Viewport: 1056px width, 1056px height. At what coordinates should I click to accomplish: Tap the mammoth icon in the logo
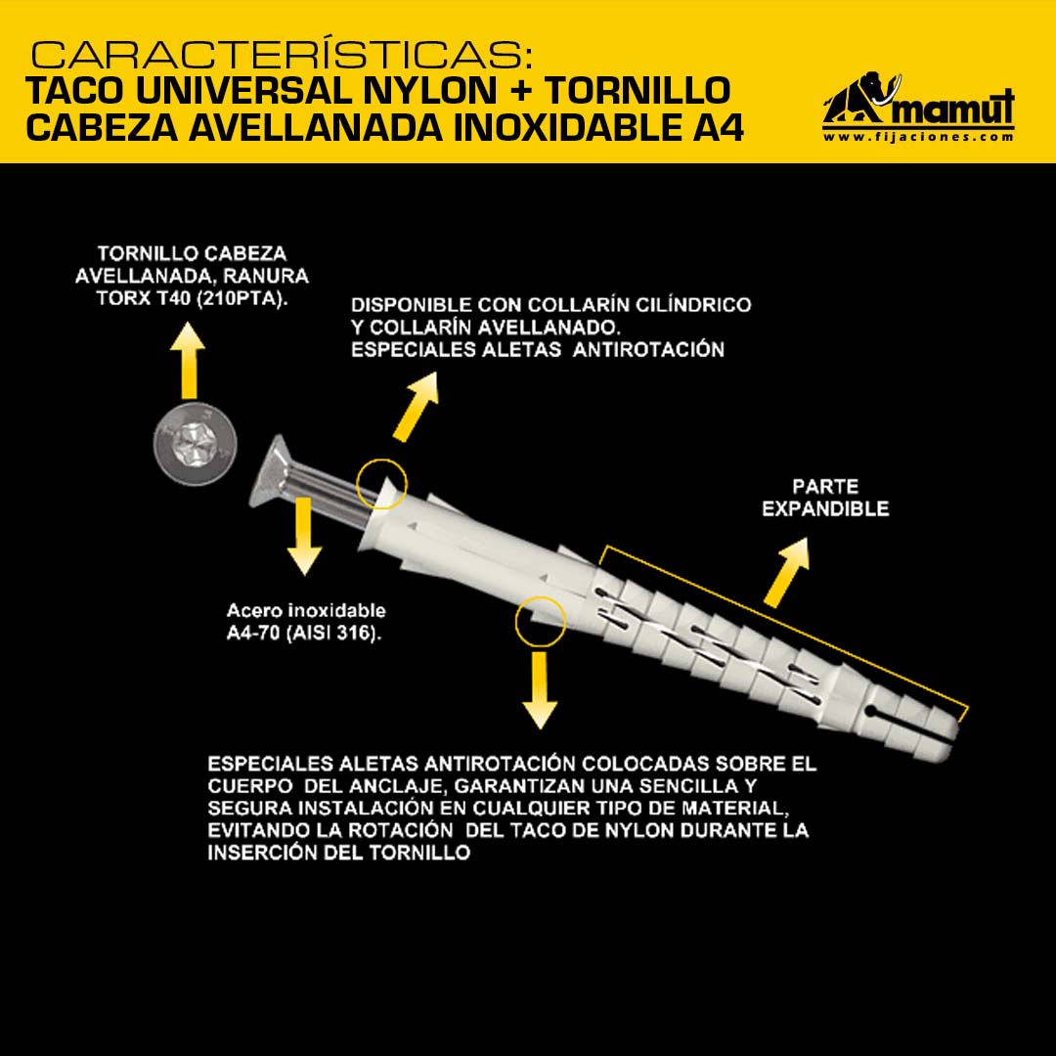click(x=861, y=99)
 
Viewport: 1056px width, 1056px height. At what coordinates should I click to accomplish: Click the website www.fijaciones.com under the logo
click(x=918, y=137)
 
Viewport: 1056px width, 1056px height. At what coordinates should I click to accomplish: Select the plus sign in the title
click(x=520, y=90)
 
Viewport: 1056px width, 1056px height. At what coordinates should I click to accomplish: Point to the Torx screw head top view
click(x=195, y=443)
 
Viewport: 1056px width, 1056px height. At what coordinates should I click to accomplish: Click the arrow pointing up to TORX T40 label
click(x=188, y=360)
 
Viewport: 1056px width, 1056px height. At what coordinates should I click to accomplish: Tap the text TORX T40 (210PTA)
click(x=192, y=297)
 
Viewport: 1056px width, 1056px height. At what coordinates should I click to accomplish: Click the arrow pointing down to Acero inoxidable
click(x=304, y=536)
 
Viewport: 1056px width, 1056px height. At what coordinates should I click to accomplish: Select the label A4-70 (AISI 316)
click(x=304, y=633)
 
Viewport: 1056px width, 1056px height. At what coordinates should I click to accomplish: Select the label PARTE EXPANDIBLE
click(x=825, y=497)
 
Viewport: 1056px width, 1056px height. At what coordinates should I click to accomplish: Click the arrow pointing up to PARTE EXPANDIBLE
click(x=786, y=572)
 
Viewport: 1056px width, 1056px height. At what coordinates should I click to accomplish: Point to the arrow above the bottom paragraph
click(x=540, y=690)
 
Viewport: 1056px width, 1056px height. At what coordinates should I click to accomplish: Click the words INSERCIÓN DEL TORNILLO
click(x=338, y=852)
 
